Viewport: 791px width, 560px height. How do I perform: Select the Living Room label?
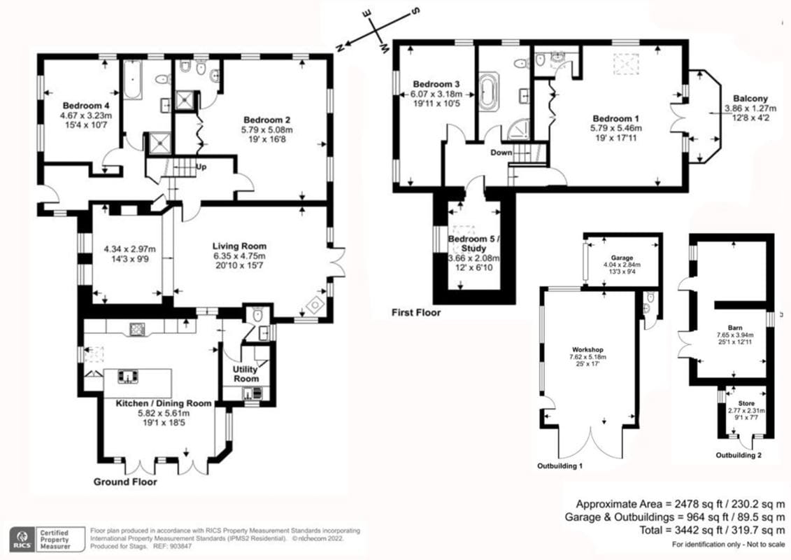(239, 246)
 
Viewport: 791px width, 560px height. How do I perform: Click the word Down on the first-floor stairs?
(501, 153)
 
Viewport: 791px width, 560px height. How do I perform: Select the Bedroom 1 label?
(616, 118)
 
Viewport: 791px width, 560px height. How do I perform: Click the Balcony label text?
(750, 99)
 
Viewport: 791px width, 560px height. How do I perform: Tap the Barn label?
(734, 327)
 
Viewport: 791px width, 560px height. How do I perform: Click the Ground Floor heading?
(125, 482)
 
